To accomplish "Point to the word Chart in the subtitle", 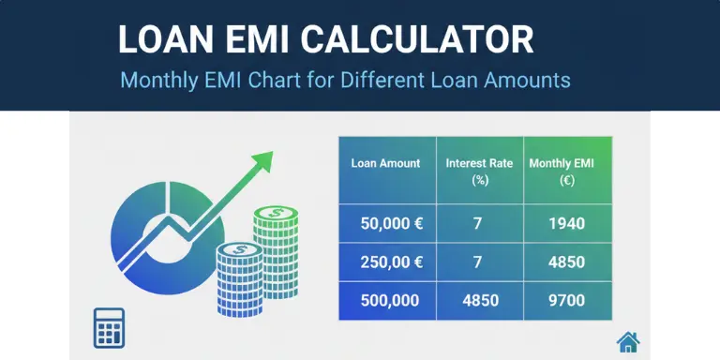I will (282, 80).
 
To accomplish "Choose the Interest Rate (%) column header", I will (479, 170).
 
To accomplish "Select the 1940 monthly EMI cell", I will (566, 223).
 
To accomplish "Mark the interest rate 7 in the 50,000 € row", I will (477, 223).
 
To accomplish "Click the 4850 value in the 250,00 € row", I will (566, 262).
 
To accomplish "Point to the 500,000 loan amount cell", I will (387, 301).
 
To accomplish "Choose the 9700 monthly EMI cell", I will (566, 301).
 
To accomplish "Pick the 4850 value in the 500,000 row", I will (477, 301).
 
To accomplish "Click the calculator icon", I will (109, 326).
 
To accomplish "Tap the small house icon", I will (627, 341).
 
